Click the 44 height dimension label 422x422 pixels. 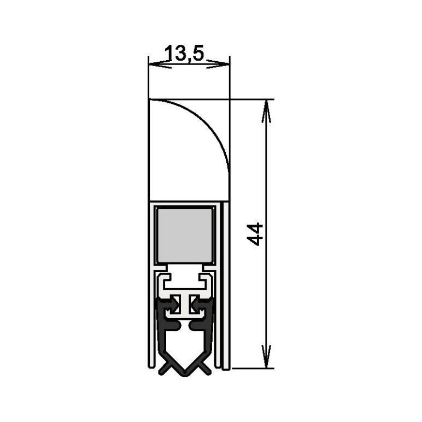pyautogui.click(x=255, y=234)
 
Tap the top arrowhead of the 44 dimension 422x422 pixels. pyautogui.click(x=266, y=111)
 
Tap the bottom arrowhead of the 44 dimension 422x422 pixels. pyautogui.click(x=266, y=356)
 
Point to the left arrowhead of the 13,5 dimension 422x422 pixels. pyautogui.click(x=160, y=64)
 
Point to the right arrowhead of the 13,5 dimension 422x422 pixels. pyautogui.click(x=218, y=64)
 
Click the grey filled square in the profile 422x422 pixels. pyautogui.click(x=185, y=235)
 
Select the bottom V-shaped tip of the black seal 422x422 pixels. pyautogui.click(x=185, y=373)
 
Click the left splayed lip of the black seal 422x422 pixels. pyautogui.click(x=165, y=368)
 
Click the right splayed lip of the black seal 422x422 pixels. pyautogui.click(x=204, y=368)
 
